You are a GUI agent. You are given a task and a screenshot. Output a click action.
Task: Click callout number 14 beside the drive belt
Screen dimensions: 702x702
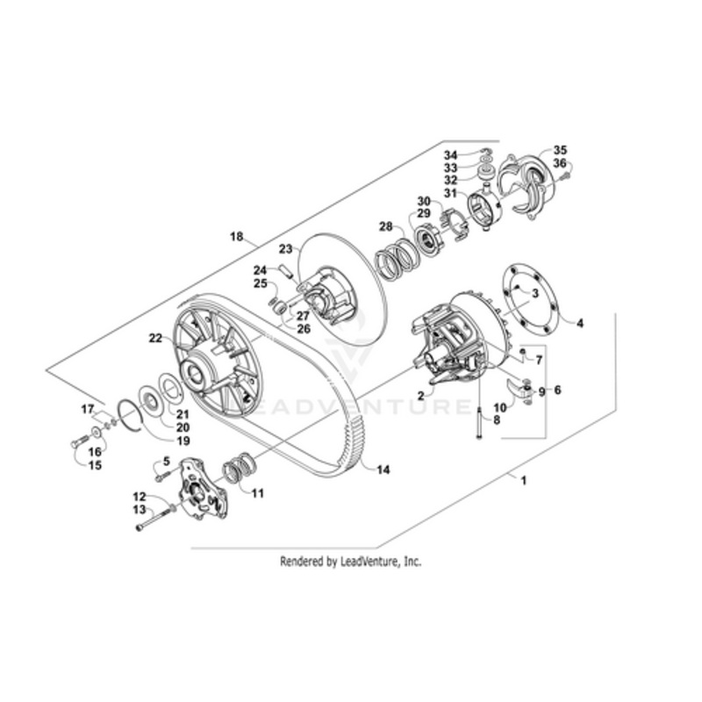[383, 469]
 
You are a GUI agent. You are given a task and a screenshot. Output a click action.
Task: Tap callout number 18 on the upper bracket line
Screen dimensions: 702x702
[236, 236]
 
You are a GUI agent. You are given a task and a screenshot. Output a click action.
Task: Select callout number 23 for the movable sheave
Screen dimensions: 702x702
[286, 248]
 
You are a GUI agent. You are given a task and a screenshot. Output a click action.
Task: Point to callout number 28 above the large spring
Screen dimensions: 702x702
[385, 226]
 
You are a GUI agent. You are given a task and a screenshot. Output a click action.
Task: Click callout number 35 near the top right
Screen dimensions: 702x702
[560, 149]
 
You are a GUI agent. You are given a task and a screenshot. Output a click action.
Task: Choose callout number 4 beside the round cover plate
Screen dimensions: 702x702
[580, 323]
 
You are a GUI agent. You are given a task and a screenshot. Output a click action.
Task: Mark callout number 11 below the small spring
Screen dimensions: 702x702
[257, 493]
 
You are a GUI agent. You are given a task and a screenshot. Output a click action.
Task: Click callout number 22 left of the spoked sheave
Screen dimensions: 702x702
[155, 338]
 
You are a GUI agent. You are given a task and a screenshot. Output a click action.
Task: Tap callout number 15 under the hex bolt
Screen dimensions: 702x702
[95, 466]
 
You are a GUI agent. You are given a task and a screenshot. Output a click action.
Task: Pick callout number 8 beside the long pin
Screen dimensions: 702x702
[497, 420]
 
